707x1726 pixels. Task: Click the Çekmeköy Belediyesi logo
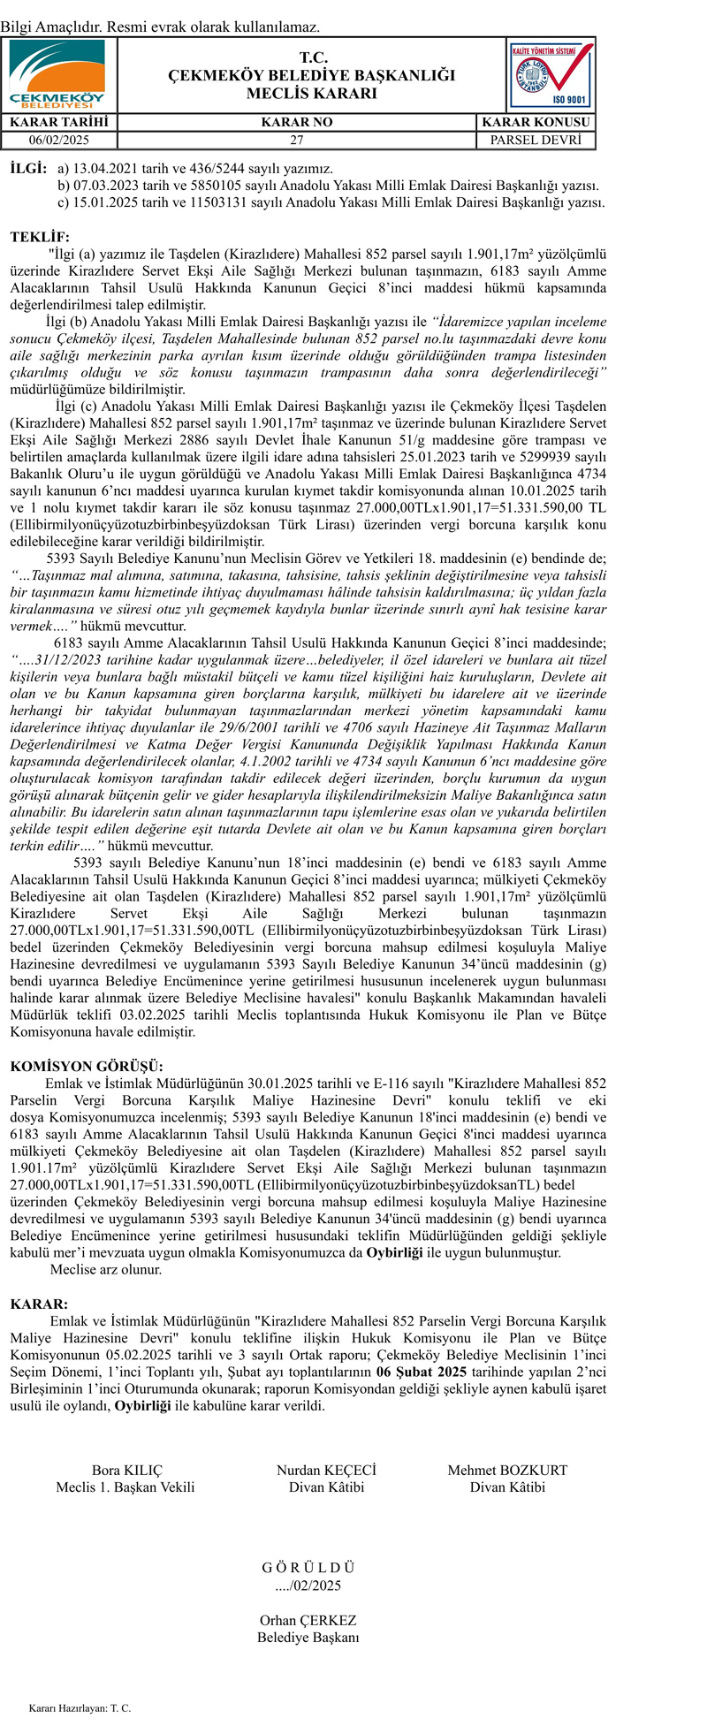[x=57, y=74]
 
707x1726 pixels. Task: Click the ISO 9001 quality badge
[x=551, y=75]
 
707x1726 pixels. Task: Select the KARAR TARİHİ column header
[x=59, y=122]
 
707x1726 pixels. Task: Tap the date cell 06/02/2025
[x=59, y=140]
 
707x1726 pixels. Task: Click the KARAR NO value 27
[x=297, y=140]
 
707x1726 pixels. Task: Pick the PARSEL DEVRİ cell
[x=536, y=140]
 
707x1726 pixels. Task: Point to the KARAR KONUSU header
[x=536, y=122]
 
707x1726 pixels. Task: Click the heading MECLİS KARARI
[x=312, y=94]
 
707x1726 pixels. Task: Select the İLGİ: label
[x=28, y=168]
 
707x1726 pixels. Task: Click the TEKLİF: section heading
[x=39, y=237]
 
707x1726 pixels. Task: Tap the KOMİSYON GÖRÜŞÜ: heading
[x=87, y=1067]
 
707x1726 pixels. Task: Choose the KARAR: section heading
[x=39, y=1304]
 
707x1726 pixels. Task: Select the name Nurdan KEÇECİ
[x=326, y=1471]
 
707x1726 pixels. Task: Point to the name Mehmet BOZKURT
[x=507, y=1471]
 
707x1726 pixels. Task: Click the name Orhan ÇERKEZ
[x=308, y=1621]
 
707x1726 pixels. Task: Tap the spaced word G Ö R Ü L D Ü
[x=308, y=1568]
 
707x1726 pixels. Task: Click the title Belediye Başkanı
[x=308, y=1638]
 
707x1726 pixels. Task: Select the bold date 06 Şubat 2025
[x=421, y=1372]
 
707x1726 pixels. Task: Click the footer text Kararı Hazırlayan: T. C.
[x=80, y=1708]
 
